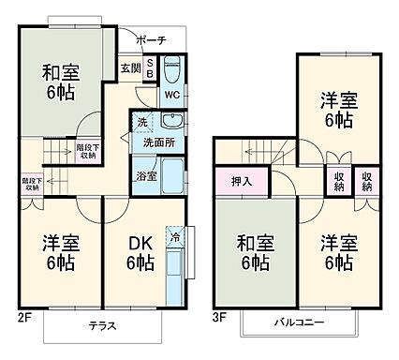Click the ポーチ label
coord(150,40)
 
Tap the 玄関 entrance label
coord(130,68)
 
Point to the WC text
coord(172,95)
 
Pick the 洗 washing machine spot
coord(142,123)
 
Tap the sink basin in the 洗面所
coord(172,121)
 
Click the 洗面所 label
coord(156,144)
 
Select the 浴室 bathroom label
coord(145,174)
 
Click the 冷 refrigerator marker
coord(174,238)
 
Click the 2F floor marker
coord(24,316)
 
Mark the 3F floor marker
coord(219,316)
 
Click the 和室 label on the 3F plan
coord(251,253)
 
